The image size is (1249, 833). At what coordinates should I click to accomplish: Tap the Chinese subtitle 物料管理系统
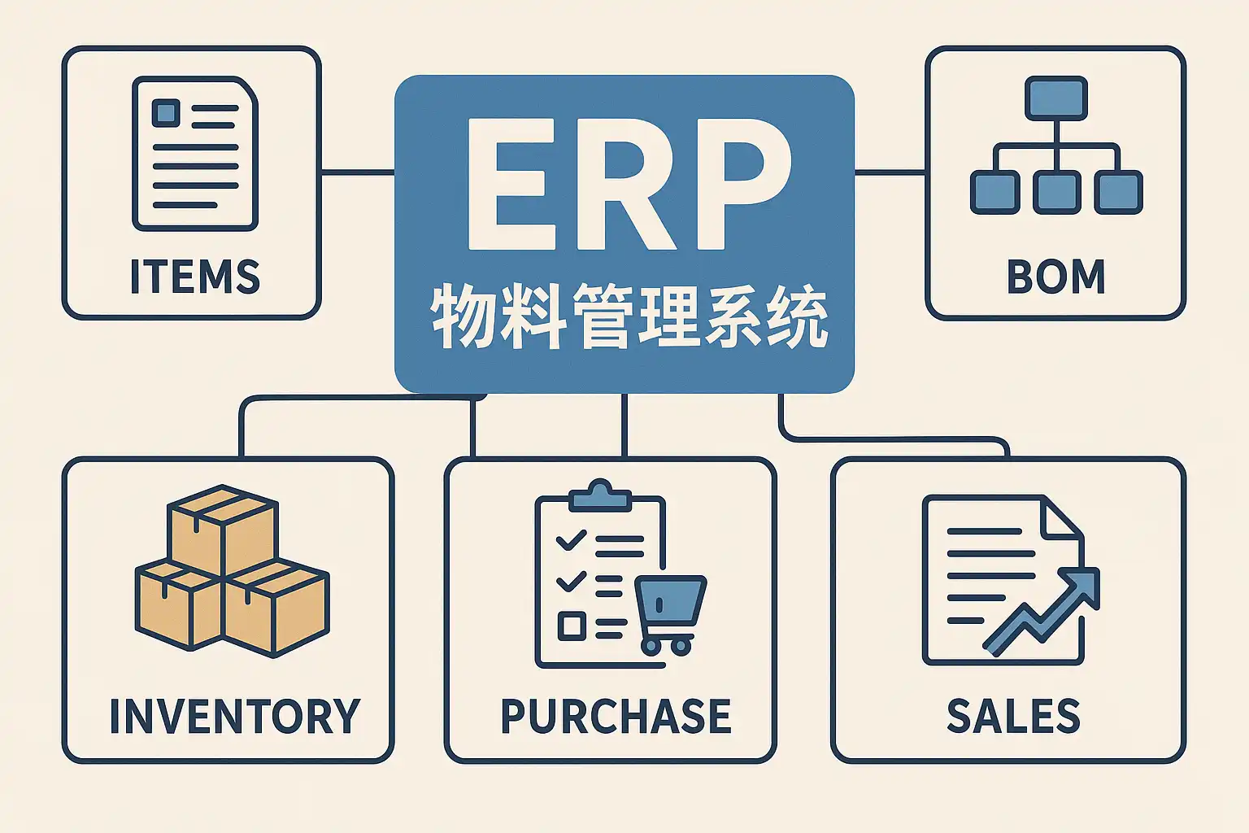click(628, 317)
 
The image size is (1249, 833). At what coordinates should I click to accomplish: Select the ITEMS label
click(195, 277)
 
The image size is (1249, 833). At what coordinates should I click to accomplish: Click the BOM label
click(1055, 277)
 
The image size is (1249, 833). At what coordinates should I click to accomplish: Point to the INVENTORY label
click(234, 716)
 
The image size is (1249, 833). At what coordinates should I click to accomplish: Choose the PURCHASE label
click(616, 716)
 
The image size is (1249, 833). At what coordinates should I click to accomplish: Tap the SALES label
click(1013, 716)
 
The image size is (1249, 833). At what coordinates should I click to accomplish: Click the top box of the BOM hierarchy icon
click(1055, 98)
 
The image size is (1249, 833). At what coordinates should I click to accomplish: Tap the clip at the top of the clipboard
click(600, 495)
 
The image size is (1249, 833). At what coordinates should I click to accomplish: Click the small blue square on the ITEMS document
click(166, 111)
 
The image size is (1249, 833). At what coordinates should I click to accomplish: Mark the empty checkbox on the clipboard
click(571, 626)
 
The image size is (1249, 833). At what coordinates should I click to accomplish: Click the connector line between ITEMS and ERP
click(358, 172)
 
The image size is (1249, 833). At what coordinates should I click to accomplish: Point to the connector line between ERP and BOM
click(890, 172)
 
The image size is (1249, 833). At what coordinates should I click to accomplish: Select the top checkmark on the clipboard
click(570, 539)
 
